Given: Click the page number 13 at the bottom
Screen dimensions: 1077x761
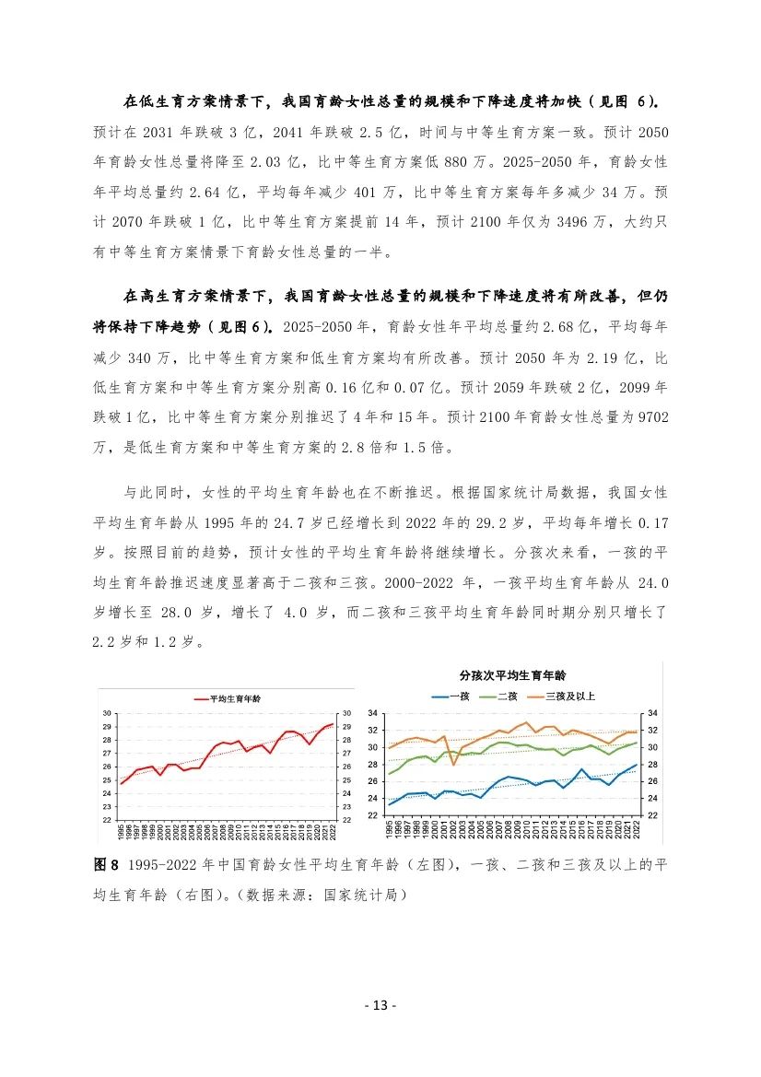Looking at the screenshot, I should tap(380, 1004).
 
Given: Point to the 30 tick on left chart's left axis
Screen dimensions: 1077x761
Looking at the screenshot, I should tap(107, 713).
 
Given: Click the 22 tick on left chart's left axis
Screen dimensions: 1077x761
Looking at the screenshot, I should tap(107, 820).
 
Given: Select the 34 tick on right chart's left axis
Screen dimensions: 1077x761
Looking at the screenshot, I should tap(374, 713).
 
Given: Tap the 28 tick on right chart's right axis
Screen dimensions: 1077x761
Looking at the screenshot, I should tap(653, 765).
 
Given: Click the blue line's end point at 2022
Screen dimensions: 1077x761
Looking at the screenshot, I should tap(637, 765).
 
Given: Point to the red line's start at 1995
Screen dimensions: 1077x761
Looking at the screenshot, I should tap(121, 783).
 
